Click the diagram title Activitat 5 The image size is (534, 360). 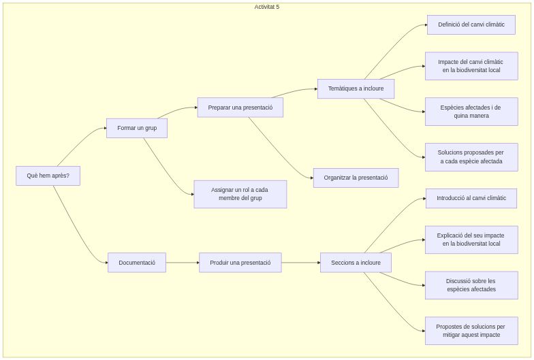267,7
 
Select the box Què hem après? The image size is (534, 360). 48,176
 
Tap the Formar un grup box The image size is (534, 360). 137,128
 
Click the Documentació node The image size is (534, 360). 137,263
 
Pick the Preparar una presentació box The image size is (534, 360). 240,108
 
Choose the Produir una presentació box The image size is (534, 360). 240,263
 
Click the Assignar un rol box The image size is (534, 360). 240,194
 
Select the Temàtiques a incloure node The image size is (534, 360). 356,88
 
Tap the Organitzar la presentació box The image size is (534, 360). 356,178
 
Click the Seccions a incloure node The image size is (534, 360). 356,263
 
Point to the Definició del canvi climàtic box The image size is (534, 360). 471,24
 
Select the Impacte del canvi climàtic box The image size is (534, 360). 471,66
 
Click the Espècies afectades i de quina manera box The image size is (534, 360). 471,112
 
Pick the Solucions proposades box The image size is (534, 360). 471,157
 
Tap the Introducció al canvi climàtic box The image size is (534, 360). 471,199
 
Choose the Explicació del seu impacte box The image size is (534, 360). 471,240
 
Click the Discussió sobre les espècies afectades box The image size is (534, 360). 471,285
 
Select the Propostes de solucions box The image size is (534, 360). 471,331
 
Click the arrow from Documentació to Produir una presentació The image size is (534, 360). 183,263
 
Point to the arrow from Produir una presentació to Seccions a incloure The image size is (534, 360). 300,263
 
